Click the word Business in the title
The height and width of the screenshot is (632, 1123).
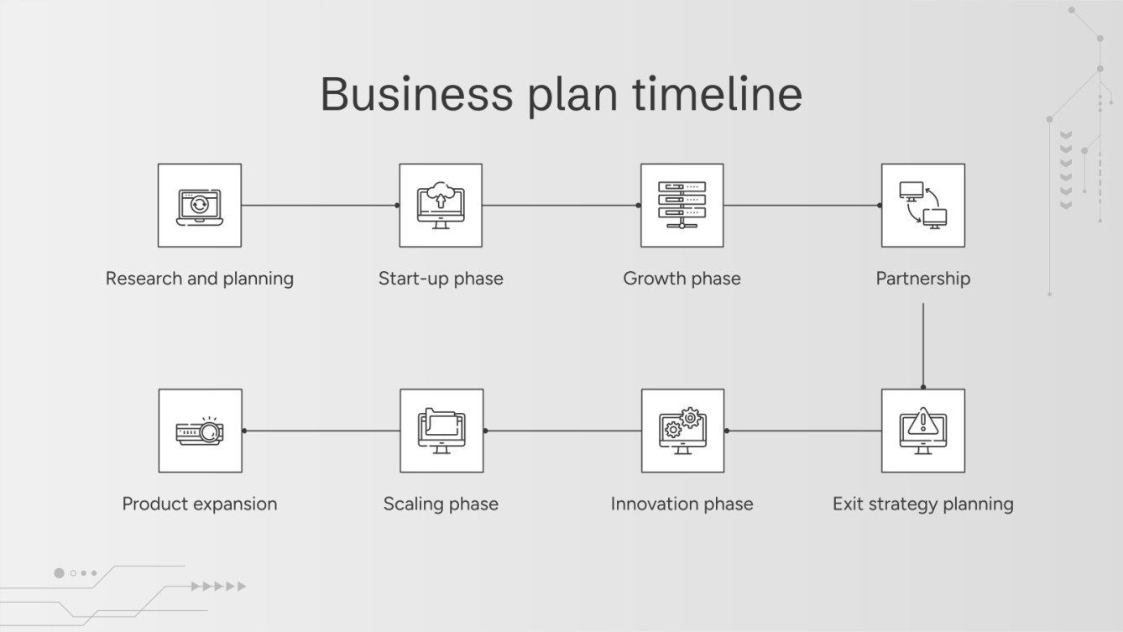pos(415,94)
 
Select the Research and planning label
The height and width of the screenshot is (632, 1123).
pos(200,279)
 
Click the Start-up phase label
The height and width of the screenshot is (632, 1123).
pos(441,279)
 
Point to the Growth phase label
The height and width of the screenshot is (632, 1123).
pos(682,279)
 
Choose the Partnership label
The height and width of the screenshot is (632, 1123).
pos(922,279)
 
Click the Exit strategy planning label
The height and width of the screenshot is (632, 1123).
pos(922,504)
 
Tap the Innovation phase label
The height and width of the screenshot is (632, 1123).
pos(682,504)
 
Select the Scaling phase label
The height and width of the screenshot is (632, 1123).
pos(441,504)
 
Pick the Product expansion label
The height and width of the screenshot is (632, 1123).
pos(200,504)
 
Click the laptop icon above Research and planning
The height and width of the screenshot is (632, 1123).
pos(200,206)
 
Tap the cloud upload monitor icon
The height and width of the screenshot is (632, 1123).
pos(441,206)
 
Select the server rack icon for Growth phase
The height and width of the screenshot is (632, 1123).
pos(682,206)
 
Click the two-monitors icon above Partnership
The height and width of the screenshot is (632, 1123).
pos(922,206)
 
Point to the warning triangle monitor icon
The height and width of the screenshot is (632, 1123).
pos(922,431)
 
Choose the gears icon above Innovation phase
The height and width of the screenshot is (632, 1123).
pos(682,431)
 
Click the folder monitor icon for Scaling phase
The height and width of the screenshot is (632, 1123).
pos(441,431)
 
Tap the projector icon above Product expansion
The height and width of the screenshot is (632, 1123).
pos(200,431)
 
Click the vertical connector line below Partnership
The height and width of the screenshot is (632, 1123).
pos(923,345)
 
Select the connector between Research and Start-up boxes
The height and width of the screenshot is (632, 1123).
pos(320,205)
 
